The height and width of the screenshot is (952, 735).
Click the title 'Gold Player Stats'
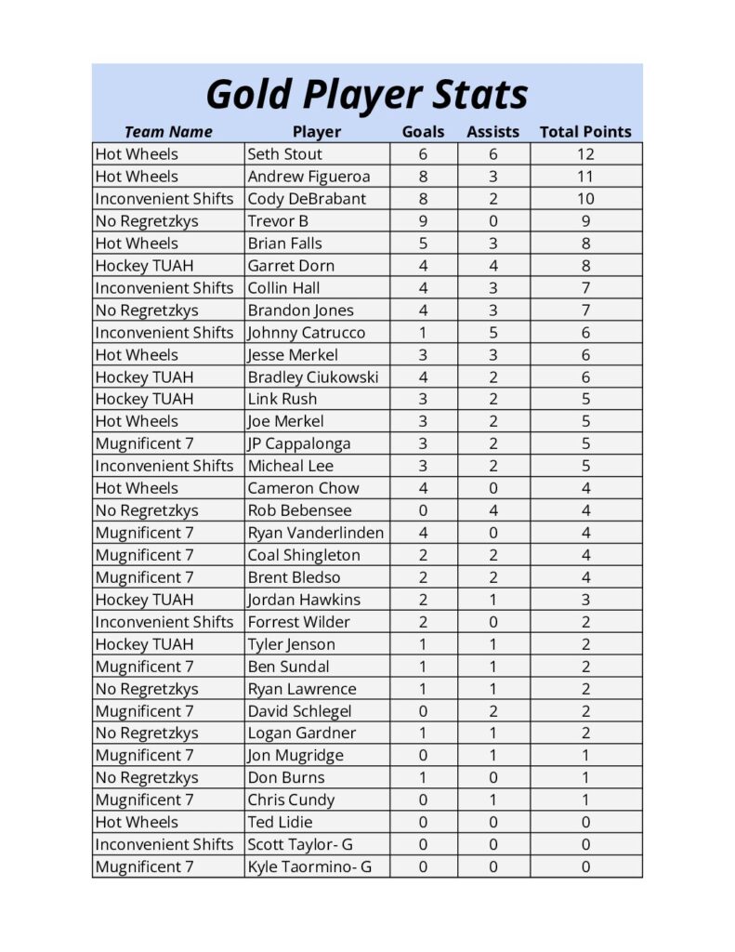point(366,94)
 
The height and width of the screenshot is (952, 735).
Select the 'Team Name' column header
point(168,132)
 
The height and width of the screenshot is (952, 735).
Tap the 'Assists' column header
point(492,132)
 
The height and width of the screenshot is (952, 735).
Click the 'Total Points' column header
point(584,132)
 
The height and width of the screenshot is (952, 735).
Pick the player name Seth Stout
point(285,154)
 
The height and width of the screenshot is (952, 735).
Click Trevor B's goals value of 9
point(423,221)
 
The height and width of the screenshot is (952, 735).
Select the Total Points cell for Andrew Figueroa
point(585,177)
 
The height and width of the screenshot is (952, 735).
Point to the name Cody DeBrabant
point(307,199)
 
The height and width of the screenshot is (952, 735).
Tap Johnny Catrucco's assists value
point(493,332)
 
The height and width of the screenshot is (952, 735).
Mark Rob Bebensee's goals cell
point(423,510)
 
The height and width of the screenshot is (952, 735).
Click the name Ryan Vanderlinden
point(315,533)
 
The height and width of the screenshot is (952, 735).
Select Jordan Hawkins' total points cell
point(585,600)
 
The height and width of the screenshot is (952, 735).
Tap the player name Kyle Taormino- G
point(309,866)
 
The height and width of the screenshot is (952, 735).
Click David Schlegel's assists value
point(493,711)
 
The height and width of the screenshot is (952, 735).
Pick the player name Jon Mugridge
point(295,755)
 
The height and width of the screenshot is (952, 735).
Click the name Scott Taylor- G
point(300,844)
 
